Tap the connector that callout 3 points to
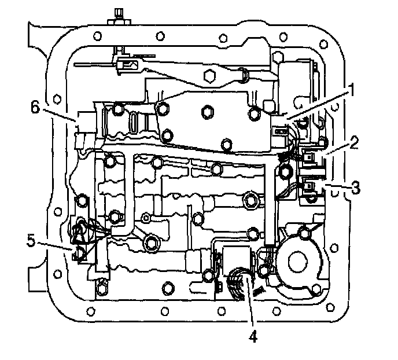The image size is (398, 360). pos(309,187)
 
